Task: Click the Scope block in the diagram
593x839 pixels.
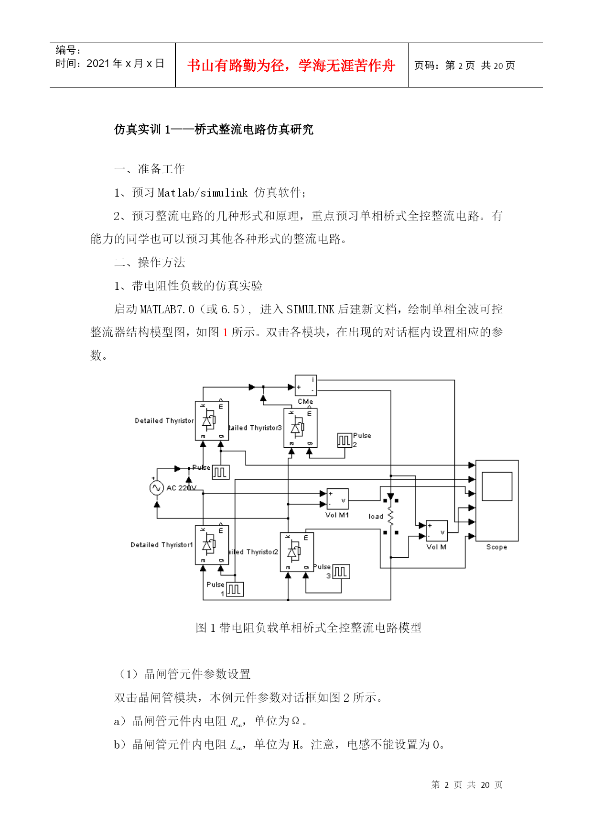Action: pyautogui.click(x=497, y=500)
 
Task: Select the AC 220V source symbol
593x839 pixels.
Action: pyautogui.click(x=157, y=488)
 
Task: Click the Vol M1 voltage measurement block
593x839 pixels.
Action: pyautogui.click(x=337, y=499)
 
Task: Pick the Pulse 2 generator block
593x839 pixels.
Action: pyautogui.click(x=345, y=440)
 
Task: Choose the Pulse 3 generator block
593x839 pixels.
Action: pyautogui.click(x=341, y=572)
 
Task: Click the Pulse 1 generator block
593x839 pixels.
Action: pyautogui.click(x=235, y=589)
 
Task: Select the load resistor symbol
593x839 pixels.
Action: pyautogui.click(x=390, y=517)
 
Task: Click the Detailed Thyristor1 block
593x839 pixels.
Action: pyautogui.click(x=212, y=545)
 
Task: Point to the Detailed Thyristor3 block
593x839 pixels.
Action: pyautogui.click(x=301, y=428)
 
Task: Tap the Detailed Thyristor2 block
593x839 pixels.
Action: pyautogui.click(x=297, y=552)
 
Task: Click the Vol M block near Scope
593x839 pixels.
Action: pyautogui.click(x=437, y=531)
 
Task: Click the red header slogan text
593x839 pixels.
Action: pyautogui.click(x=291, y=66)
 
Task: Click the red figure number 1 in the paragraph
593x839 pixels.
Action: pyautogui.click(x=225, y=332)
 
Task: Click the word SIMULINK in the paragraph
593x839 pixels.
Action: pyautogui.click(x=310, y=309)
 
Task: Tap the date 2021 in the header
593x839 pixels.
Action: pyautogui.click(x=98, y=64)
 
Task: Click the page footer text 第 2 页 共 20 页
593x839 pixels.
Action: pyautogui.click(x=467, y=785)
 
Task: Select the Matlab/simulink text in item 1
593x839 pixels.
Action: pyautogui.click(x=203, y=193)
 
